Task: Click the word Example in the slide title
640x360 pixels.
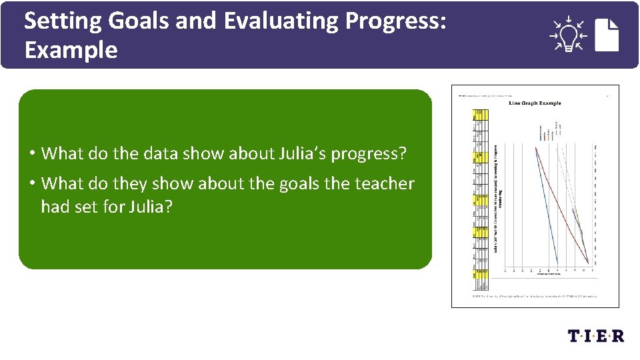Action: tap(71, 51)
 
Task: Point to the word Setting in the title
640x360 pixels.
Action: tap(63, 21)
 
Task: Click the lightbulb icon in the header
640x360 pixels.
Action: tap(567, 35)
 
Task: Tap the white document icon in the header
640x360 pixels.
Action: tap(607, 35)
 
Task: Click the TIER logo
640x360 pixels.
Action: tap(596, 336)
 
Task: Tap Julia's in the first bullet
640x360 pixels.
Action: tap(294, 153)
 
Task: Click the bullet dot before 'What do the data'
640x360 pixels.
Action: tap(32, 154)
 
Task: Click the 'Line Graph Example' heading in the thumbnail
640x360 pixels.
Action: tap(535, 103)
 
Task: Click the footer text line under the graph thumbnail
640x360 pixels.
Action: tap(535, 295)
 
